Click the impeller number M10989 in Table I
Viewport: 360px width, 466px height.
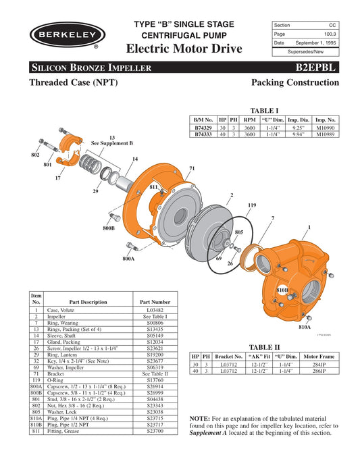326,134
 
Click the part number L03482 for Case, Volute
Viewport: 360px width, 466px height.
157,309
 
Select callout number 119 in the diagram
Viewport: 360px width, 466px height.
252,205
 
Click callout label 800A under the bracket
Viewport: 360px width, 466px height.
128,259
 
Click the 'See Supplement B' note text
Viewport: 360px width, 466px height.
112,144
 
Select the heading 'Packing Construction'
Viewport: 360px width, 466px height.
294,82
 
